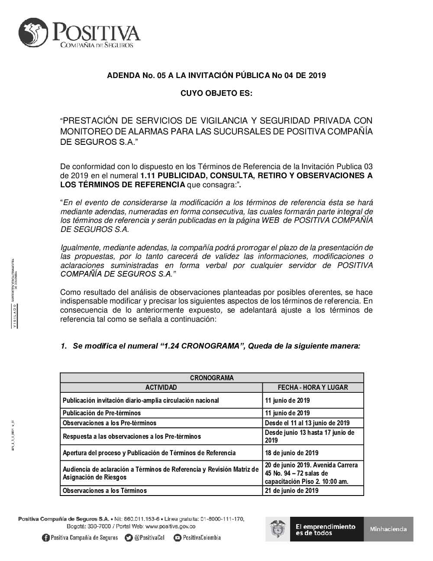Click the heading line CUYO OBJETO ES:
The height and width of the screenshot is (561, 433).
tap(216, 93)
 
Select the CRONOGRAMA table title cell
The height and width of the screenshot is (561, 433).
tap(212, 378)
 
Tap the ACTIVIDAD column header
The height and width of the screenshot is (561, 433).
tap(161, 388)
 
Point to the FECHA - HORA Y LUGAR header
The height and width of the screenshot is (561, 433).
tap(313, 388)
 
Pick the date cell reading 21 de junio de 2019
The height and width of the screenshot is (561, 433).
tap(291, 491)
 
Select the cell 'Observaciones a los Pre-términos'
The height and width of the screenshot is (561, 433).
tap(110, 423)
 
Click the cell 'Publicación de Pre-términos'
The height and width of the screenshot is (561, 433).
tap(102, 413)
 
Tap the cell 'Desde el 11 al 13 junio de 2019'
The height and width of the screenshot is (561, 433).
tap(307, 423)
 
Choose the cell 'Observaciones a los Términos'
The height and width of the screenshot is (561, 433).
tap(105, 491)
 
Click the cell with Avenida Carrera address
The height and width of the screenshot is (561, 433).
tap(312, 473)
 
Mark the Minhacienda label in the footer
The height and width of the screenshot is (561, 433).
tap(388, 529)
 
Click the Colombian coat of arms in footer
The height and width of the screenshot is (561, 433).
tap(278, 529)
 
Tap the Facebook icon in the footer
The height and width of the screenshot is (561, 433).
tap(45, 538)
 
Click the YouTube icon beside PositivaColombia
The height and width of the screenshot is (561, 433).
tap(177, 538)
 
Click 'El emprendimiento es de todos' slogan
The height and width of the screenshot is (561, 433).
tap(325, 529)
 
